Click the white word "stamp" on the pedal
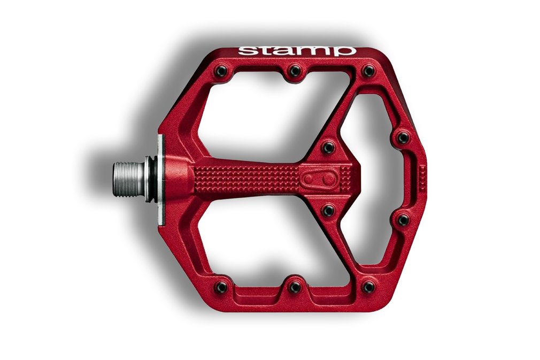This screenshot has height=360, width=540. (297, 51)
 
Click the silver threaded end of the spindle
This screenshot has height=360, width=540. (128, 179)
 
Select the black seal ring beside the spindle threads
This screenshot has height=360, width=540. (153, 180)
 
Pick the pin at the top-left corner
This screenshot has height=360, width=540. (220, 71)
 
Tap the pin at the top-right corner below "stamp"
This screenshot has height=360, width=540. (368, 71)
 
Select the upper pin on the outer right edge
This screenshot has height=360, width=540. (403, 138)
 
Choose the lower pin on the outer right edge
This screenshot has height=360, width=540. (403, 219)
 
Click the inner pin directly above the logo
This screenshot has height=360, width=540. (328, 147)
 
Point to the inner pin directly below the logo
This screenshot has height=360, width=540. (328, 211)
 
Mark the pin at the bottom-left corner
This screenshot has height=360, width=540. (220, 287)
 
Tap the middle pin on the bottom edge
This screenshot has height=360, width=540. (295, 287)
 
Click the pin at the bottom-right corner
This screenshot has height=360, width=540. (368, 287)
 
